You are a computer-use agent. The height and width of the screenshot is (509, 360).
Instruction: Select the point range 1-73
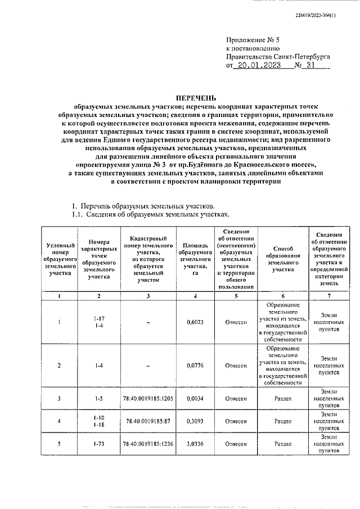point(98,443)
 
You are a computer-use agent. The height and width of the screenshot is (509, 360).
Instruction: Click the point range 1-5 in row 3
point(98,398)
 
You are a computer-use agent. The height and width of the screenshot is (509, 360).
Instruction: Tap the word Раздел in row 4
point(282,421)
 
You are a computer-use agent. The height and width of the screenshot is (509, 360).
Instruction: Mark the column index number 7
point(329,296)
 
